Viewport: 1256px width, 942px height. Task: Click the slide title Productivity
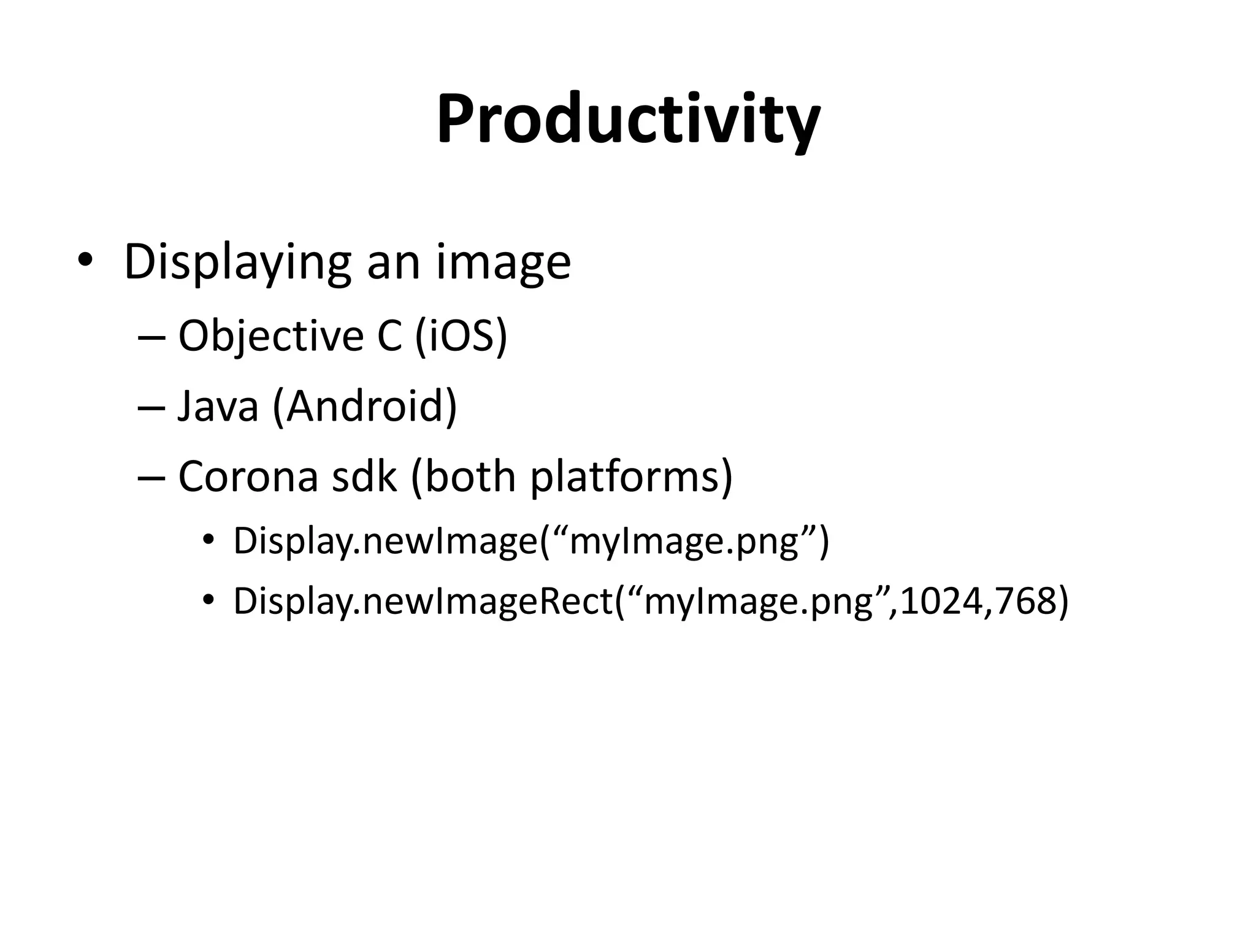[x=627, y=120]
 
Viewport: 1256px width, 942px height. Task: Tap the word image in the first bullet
[x=503, y=262]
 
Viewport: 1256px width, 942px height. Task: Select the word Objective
[x=270, y=336]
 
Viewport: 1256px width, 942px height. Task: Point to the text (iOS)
[x=461, y=336]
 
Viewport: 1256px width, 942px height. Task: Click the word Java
[x=218, y=406]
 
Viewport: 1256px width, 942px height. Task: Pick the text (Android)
[x=365, y=406]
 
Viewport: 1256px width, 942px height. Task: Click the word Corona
[x=248, y=477]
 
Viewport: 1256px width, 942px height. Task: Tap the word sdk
[x=364, y=477]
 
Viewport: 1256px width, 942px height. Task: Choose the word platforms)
[x=631, y=477]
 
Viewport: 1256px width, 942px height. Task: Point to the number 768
[x=1022, y=602]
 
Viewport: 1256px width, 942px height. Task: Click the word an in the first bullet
[x=393, y=262]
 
